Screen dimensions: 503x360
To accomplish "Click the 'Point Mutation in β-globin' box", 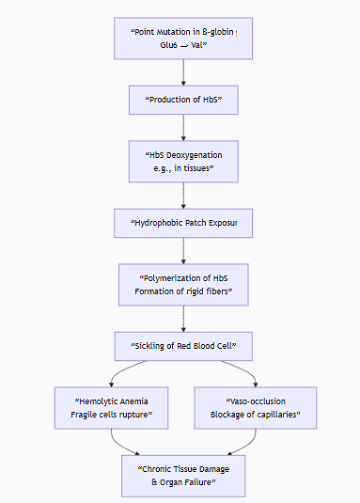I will (x=183, y=38).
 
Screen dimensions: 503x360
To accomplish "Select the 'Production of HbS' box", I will (x=183, y=100).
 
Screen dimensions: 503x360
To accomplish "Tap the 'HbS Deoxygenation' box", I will (x=183, y=161).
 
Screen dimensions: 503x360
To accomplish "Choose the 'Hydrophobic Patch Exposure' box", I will (x=183, y=224).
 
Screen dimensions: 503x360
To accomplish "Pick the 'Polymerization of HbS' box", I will (x=183, y=285).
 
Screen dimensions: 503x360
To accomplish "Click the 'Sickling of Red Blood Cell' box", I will (x=183, y=346).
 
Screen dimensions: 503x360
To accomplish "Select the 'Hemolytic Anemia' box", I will (x=112, y=407).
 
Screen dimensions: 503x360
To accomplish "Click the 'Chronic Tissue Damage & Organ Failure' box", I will (x=183, y=475).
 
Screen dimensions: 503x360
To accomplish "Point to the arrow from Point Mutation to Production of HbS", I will (x=183, y=72).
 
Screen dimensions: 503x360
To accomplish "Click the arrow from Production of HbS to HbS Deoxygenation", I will (x=183, y=127).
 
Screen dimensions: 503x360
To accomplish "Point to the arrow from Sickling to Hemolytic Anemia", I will (x=127, y=372).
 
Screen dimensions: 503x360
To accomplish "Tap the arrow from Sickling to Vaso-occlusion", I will (x=241, y=372).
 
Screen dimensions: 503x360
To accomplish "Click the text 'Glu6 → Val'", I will (x=183, y=45).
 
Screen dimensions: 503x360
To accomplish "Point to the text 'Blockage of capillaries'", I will (x=256, y=415).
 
